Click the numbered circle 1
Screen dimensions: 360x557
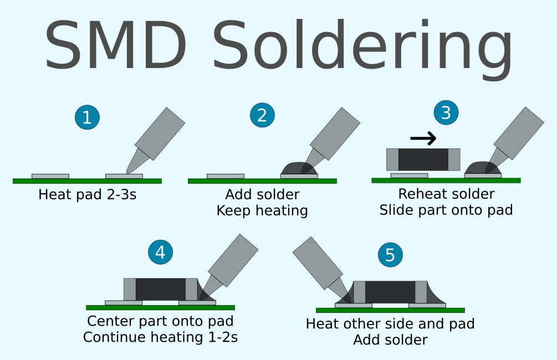click(87, 117)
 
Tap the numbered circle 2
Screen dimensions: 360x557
click(262, 115)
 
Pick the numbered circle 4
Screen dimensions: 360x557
click(160, 253)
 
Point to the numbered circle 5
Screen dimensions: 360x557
click(390, 255)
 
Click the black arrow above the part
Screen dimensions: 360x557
click(423, 138)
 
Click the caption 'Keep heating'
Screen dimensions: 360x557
click(262, 211)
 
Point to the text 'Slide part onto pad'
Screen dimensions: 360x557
click(446, 210)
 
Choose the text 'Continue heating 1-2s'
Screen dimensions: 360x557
click(160, 337)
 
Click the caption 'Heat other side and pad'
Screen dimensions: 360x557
click(390, 324)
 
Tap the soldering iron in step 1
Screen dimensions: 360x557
click(155, 138)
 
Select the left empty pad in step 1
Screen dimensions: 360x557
click(50, 176)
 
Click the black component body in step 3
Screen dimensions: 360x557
click(423, 160)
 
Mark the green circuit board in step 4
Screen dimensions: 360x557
click(160, 307)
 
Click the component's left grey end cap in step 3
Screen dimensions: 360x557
click(392, 160)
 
